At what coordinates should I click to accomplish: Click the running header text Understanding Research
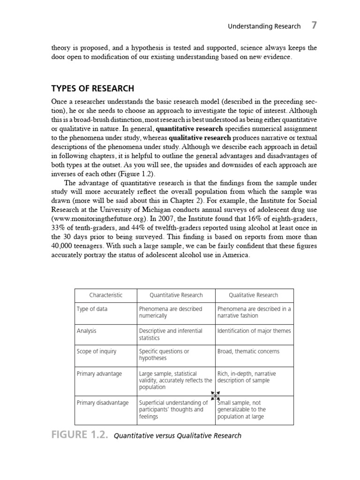point(264,27)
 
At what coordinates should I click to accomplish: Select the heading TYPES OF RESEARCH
point(92,89)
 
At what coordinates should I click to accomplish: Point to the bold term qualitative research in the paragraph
point(200,138)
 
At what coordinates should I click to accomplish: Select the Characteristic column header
point(106,295)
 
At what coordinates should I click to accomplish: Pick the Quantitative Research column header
point(176,295)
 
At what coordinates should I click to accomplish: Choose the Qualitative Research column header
point(253,295)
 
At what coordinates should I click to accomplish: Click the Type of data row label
point(92,309)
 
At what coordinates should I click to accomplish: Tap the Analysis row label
point(87,331)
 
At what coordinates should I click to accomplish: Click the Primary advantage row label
point(99,374)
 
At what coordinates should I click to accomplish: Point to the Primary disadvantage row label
point(102,403)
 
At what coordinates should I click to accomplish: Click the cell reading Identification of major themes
point(254,331)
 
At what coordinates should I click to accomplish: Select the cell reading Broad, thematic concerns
point(248,352)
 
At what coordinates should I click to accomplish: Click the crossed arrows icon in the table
point(215,395)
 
